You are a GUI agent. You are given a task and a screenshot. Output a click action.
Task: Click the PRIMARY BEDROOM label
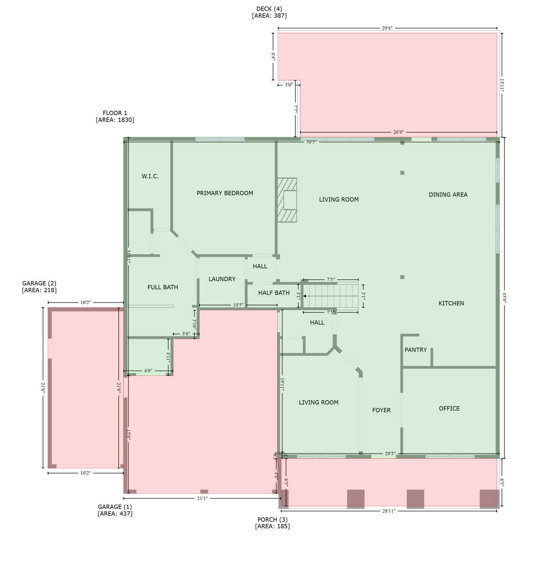[225, 193]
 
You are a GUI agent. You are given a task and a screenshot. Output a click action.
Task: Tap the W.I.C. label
[150, 176]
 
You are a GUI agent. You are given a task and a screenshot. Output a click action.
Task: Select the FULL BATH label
[162, 287]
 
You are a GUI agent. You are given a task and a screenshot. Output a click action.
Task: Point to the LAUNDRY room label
[222, 279]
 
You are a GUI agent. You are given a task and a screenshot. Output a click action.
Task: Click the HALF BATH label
[274, 293]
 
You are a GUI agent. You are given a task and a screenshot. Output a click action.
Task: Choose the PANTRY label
[416, 350]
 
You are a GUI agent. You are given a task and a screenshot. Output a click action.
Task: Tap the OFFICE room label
[449, 408]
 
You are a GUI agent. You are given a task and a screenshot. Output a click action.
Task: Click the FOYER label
[381, 410]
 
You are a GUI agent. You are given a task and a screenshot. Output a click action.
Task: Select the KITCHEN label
[451, 303]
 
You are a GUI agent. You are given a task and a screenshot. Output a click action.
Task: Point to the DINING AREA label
[448, 195]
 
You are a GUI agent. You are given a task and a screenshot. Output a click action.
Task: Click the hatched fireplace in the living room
[287, 200]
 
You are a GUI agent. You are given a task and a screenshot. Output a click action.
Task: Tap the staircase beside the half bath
[331, 296]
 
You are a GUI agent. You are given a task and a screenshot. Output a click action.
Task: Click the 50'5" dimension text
[311, 142]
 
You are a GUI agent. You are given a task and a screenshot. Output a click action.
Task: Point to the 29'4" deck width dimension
[387, 28]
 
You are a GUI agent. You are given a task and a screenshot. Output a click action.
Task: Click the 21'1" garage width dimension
[202, 499]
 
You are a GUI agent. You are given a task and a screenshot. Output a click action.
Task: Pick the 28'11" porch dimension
[389, 511]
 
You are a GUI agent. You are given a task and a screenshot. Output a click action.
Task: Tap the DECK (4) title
[269, 9]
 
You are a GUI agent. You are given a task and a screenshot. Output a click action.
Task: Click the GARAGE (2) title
[39, 283]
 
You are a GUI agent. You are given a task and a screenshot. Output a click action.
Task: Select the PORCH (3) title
[272, 519]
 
